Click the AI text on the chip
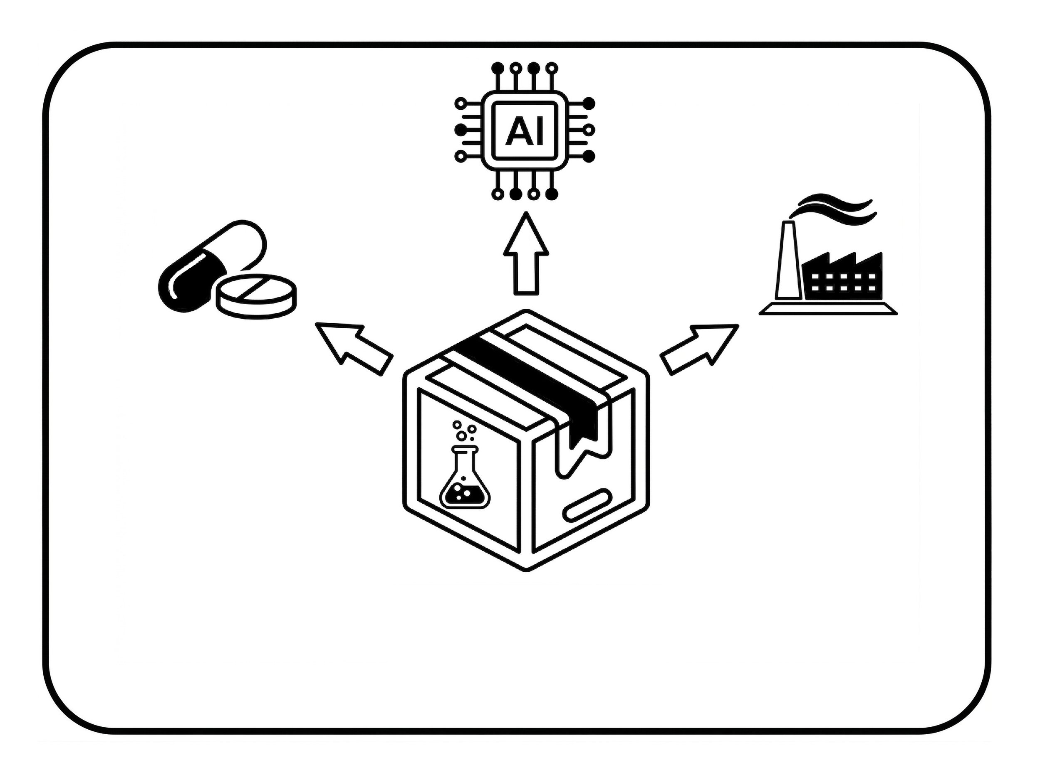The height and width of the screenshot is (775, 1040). click(x=525, y=131)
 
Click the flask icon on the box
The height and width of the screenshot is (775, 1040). click(x=464, y=483)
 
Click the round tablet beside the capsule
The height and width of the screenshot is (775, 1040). click(x=256, y=296)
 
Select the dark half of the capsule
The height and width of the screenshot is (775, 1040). click(x=188, y=281)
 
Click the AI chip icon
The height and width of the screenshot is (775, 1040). click(x=525, y=130)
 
